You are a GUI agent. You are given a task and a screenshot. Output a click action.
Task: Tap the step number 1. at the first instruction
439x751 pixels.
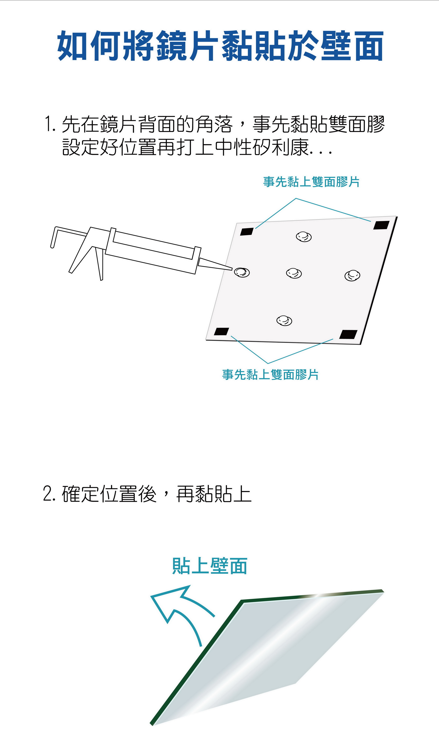(x=50, y=124)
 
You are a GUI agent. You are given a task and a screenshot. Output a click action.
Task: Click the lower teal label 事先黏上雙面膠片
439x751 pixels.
(x=270, y=375)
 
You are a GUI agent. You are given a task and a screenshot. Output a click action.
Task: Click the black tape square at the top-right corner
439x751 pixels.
(x=381, y=225)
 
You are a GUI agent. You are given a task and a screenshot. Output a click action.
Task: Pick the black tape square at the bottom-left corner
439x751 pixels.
(x=221, y=331)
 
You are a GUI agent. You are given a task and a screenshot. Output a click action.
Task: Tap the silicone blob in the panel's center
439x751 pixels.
(x=294, y=273)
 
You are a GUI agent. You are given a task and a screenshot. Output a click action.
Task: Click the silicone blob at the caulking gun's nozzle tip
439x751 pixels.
(x=242, y=272)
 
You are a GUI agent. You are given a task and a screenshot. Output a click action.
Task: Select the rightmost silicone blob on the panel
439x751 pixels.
(x=352, y=275)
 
